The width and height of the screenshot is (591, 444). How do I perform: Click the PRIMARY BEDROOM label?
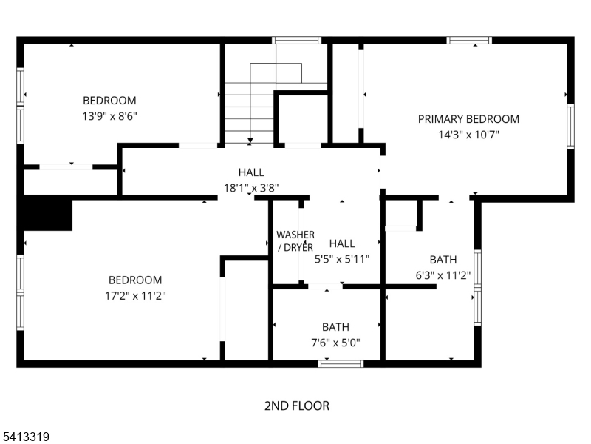tap(468, 119)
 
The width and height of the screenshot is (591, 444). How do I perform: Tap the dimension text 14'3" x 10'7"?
tap(468, 135)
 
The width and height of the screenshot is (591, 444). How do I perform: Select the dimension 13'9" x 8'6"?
tap(109, 116)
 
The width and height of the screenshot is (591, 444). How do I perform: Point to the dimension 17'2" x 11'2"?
tap(135, 296)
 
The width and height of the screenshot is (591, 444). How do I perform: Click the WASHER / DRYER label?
tap(295, 241)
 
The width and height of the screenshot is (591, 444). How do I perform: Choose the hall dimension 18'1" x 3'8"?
tap(251, 188)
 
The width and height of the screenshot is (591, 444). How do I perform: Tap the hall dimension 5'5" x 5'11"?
tap(342, 259)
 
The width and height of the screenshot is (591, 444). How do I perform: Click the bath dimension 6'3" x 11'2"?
tap(443, 275)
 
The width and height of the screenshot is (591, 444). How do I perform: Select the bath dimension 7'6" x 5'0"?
tap(335, 342)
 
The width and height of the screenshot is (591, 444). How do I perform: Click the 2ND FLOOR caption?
tap(296, 406)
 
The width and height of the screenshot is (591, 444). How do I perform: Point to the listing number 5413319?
tap(26, 437)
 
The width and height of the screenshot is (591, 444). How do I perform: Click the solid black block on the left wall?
tap(47, 213)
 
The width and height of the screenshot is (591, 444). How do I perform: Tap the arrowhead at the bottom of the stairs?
tap(251, 139)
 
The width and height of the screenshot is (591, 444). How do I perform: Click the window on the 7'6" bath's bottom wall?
tap(341, 363)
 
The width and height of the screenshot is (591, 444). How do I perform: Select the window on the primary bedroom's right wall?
tap(570, 127)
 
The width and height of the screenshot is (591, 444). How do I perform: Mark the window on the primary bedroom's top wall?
tap(469, 40)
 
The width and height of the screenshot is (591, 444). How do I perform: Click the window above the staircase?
tap(296, 40)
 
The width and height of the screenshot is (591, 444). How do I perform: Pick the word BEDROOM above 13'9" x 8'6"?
tap(109, 101)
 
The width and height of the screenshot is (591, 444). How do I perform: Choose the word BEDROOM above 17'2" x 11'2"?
tap(135, 280)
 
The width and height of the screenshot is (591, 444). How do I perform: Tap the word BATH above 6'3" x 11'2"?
tap(443, 260)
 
